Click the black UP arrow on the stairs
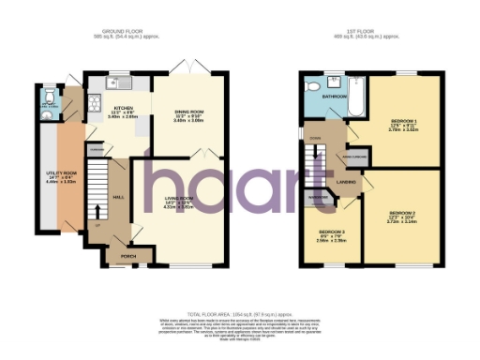click(96, 223)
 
